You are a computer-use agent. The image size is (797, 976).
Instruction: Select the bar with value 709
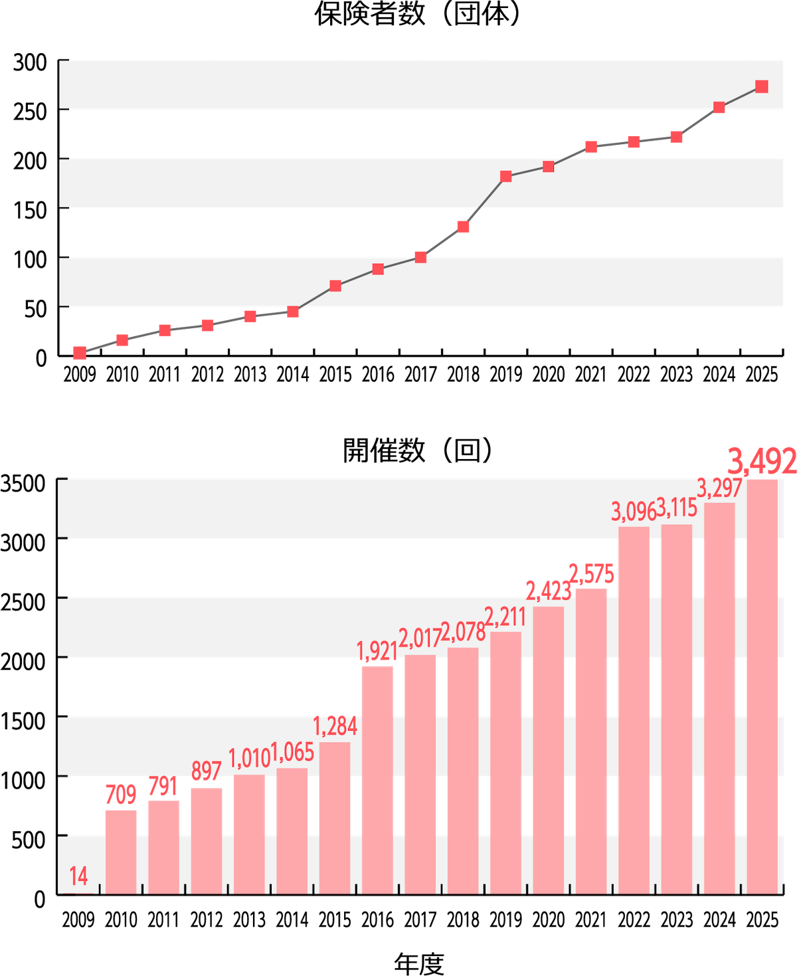[121, 851]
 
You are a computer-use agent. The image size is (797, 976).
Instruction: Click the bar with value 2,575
[591, 740]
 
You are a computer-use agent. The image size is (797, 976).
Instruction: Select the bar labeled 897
[207, 840]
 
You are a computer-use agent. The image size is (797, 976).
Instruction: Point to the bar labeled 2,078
[463, 770]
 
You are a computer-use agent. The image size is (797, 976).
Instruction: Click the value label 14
[78, 877]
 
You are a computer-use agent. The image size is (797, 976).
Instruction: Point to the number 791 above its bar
[163, 787]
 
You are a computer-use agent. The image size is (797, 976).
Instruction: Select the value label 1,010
[249, 758]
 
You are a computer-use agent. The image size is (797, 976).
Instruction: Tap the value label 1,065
[292, 753]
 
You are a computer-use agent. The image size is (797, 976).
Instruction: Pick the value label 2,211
[505, 617]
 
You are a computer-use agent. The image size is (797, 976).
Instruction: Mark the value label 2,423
[548, 590]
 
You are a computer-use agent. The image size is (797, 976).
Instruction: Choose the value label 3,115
[677, 509]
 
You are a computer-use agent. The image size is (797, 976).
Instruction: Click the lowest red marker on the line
[80, 353]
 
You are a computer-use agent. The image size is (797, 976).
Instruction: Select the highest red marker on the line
[761, 86]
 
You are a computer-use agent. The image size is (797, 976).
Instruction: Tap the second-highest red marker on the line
[719, 108]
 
